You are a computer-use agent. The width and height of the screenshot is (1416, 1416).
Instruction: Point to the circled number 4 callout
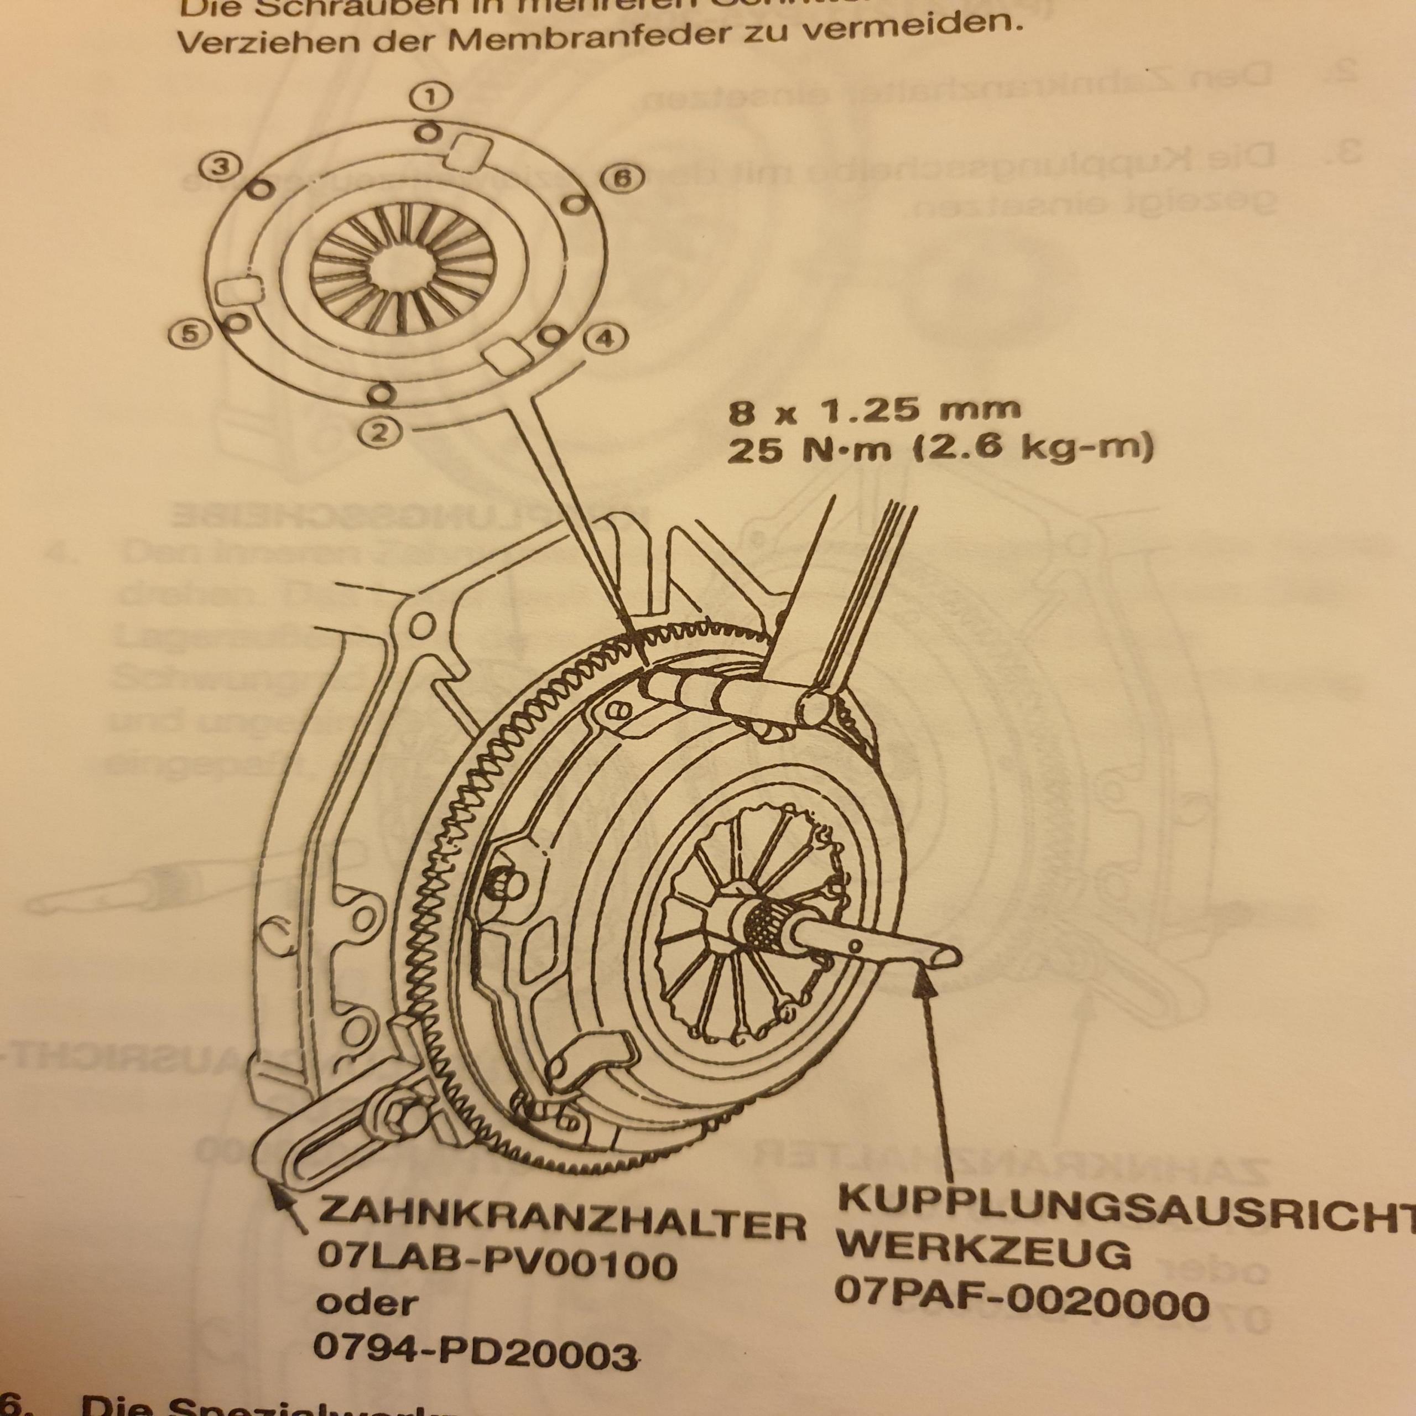pos(605,339)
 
